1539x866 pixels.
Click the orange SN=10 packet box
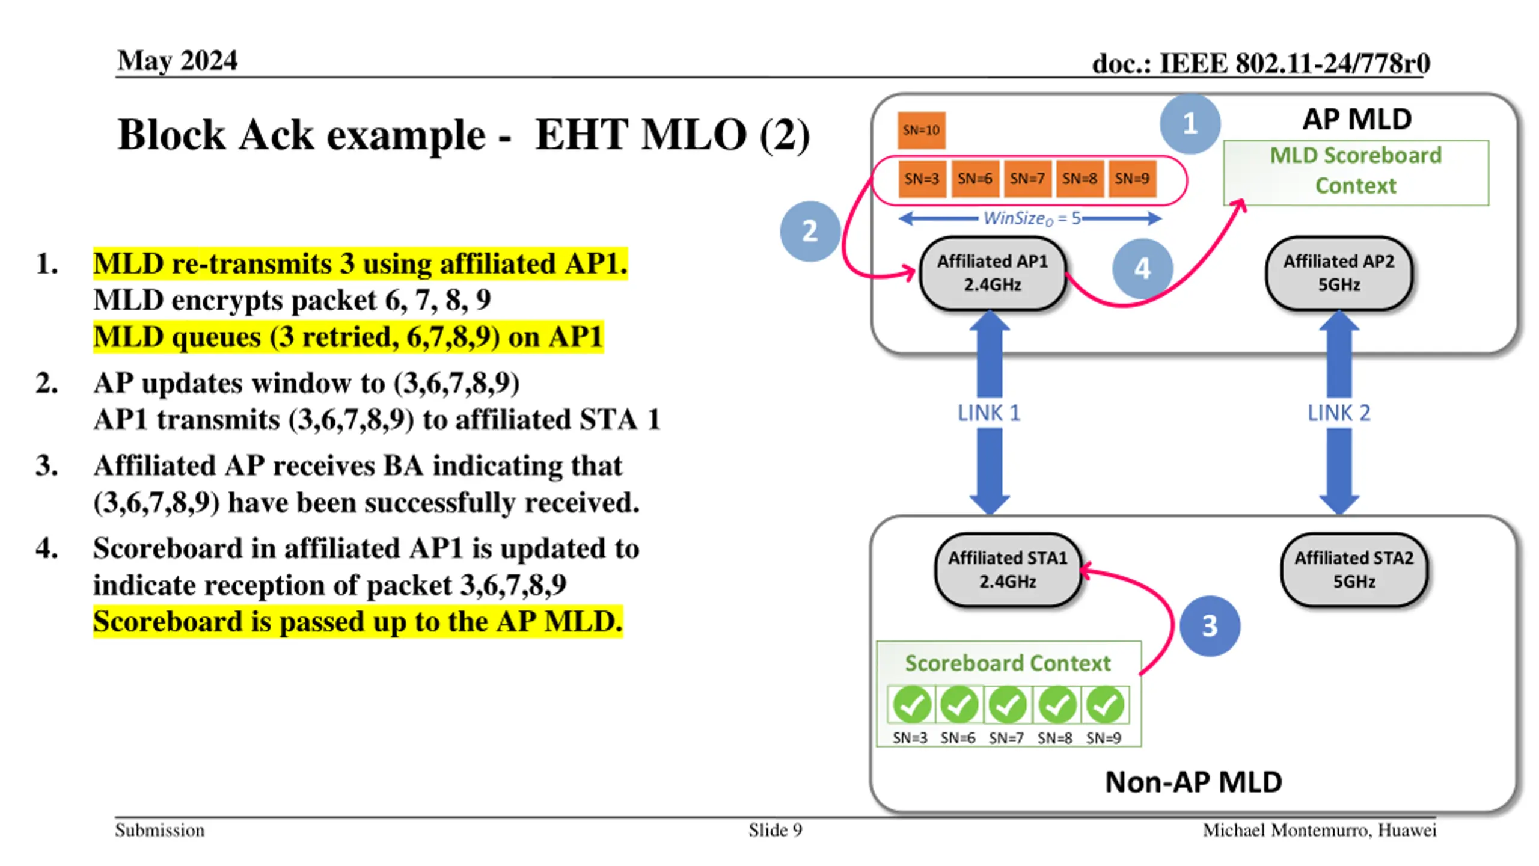pos(921,130)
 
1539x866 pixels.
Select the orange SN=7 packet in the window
pos(1027,179)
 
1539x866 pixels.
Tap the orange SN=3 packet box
pos(922,179)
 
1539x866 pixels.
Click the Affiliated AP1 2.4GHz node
pos(993,273)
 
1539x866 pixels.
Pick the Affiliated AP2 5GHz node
pos(1339,273)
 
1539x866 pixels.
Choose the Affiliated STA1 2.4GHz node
pos(1008,570)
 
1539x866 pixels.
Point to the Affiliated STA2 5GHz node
pos(1354,570)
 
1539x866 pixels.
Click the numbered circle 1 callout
pos(1190,124)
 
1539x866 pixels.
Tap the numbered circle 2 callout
pos(810,231)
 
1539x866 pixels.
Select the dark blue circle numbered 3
pos(1210,626)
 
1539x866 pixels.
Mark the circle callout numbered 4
pos(1142,268)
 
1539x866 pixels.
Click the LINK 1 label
pos(989,413)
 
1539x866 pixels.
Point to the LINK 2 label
pos(1339,413)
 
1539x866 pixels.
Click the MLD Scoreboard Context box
pos(1356,172)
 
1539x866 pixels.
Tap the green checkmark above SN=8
pos(1056,705)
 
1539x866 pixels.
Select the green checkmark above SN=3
pos(911,705)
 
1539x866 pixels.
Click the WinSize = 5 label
pos(1030,218)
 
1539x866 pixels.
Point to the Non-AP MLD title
pos(1193,782)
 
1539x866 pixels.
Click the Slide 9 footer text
pos(775,831)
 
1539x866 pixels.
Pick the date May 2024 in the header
pos(177,61)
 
